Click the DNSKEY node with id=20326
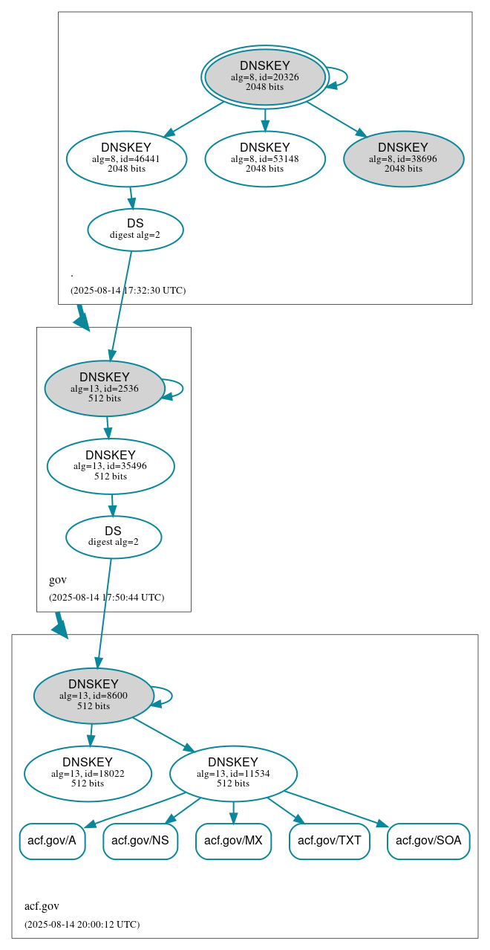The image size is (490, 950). pos(265,77)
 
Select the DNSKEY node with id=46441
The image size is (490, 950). pos(126,158)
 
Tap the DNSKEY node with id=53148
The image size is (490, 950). pos(265,158)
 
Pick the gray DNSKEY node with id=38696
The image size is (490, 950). pos(403,158)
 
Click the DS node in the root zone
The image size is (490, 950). pos(135,229)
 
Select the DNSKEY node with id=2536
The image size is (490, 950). pos(105,388)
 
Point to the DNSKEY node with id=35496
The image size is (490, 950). pos(111,466)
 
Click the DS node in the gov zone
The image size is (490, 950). pos(113,537)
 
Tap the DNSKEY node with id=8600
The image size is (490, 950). pos(94,695)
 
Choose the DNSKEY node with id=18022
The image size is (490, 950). pos(88,773)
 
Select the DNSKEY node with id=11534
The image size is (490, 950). pos(233,773)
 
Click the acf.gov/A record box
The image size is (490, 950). pos(52,841)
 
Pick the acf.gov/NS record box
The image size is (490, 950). pos(140,841)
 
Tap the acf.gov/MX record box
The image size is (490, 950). pos(233,841)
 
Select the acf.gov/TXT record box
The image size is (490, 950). pos(329,841)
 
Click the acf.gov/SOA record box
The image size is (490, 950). pos(428,841)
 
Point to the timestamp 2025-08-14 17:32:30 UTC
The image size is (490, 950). pos(128,290)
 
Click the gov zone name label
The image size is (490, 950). pos(58,580)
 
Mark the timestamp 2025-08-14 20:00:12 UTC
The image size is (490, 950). pos(82,924)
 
